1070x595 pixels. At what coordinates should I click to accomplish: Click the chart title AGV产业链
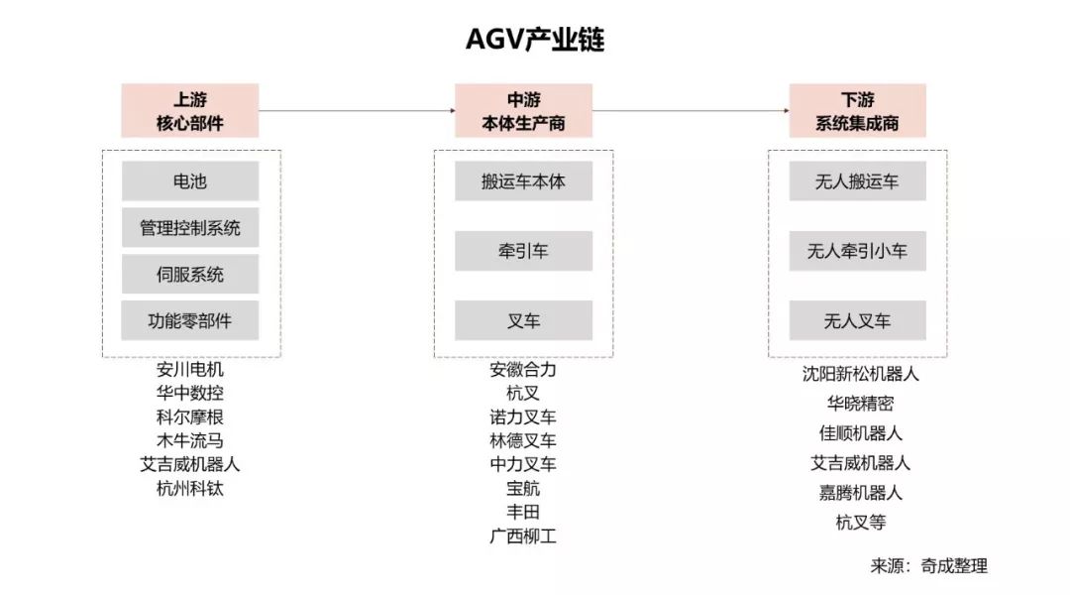pos(535,40)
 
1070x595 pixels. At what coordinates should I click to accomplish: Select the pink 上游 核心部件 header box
pos(190,110)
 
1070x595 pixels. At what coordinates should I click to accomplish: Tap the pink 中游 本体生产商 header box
pos(523,110)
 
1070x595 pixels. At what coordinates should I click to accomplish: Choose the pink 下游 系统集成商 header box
pos(857,110)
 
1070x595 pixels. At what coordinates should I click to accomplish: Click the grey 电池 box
pos(190,181)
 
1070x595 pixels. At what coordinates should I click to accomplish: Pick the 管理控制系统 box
pos(190,228)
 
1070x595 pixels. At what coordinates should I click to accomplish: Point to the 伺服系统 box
pos(190,275)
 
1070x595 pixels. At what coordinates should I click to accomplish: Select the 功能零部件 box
pos(190,320)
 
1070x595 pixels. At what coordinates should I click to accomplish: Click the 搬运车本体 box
pos(523,181)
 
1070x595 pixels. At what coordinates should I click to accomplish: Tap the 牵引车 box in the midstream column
pos(523,251)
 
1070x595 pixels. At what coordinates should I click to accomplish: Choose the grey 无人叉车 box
pos(857,320)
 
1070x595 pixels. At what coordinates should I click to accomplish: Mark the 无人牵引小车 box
pos(857,251)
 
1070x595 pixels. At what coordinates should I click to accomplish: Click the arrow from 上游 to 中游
pos(357,110)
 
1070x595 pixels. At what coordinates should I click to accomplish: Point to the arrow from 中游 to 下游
pos(691,110)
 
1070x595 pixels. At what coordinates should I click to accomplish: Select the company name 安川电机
pos(190,369)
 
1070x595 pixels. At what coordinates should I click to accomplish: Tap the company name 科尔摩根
pos(190,416)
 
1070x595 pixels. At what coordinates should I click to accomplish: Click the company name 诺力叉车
pos(523,416)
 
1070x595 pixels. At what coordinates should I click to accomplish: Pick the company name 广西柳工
pos(523,536)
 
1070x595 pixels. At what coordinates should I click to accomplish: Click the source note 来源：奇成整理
pos(928,566)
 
